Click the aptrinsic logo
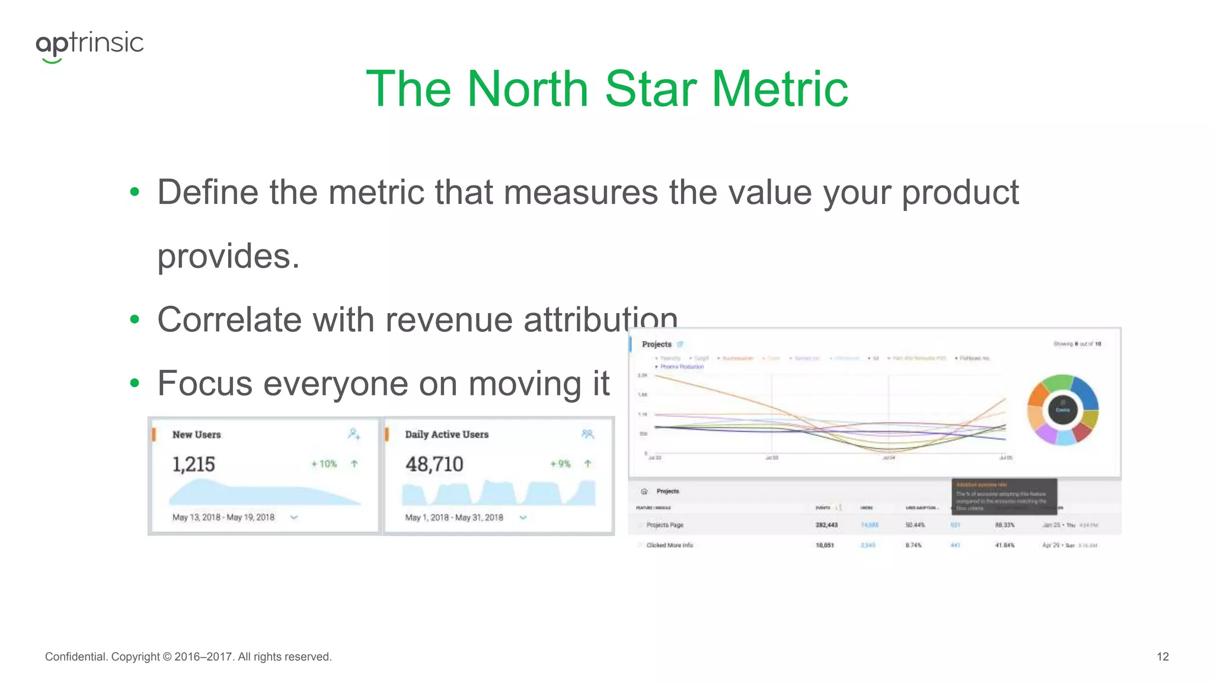(x=90, y=45)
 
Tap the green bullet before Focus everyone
(x=135, y=384)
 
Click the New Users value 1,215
(x=193, y=464)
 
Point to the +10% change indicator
(x=324, y=464)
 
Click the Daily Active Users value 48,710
(x=434, y=464)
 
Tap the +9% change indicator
(x=560, y=464)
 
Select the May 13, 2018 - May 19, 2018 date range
(x=223, y=518)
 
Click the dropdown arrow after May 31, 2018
(x=523, y=518)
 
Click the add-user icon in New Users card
(x=354, y=435)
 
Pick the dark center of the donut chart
(x=1063, y=410)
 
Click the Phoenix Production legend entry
(x=682, y=367)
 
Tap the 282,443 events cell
(x=826, y=525)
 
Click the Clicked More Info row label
(x=669, y=545)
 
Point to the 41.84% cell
(x=1005, y=545)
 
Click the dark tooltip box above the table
(x=1004, y=496)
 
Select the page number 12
(x=1162, y=657)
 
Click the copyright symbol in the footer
(x=167, y=657)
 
